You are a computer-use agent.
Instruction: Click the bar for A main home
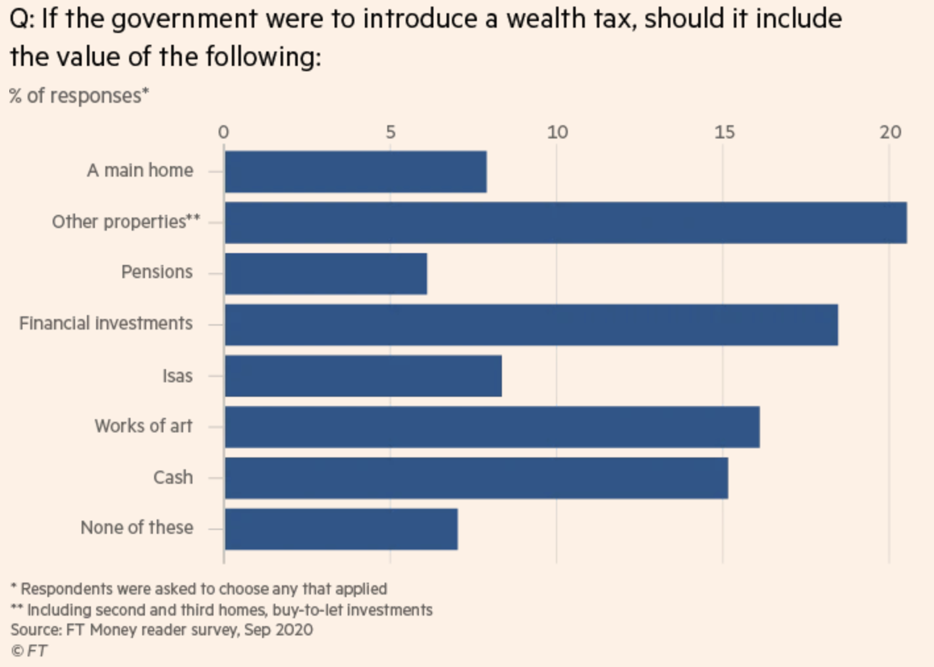click(x=356, y=172)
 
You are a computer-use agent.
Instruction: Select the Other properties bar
click(x=565, y=223)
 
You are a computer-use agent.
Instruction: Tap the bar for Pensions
click(x=325, y=274)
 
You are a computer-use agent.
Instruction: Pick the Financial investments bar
click(x=531, y=325)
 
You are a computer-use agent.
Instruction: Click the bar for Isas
click(x=363, y=376)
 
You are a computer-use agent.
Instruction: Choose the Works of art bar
click(x=492, y=427)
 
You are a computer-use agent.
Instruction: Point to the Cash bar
click(x=476, y=478)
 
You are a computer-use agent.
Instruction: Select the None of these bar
click(x=341, y=529)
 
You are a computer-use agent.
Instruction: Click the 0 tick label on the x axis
click(x=224, y=132)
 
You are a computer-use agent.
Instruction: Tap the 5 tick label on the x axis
click(x=391, y=132)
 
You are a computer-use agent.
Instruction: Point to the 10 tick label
click(x=557, y=132)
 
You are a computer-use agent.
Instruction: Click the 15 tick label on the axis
click(x=724, y=132)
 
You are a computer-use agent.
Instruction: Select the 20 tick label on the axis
click(x=890, y=132)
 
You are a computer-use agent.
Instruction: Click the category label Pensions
click(x=157, y=272)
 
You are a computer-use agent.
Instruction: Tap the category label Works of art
click(x=144, y=426)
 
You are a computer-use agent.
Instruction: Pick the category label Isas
click(x=178, y=376)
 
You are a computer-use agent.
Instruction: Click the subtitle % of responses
click(x=79, y=96)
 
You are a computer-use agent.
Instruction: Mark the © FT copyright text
click(x=29, y=651)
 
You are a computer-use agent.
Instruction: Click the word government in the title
click(x=184, y=19)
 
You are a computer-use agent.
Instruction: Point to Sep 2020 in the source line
click(x=279, y=630)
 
